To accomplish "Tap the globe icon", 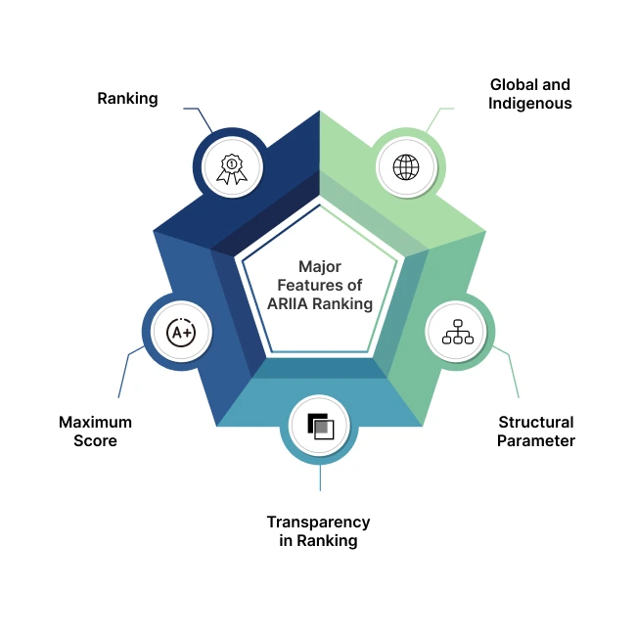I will pos(406,166).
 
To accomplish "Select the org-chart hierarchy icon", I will pos(458,333).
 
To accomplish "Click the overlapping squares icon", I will pos(320,427).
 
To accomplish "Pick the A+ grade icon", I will pos(181,333).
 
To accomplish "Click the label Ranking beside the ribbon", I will pos(127,99).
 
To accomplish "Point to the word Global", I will pos(513,85).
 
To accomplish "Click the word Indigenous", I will pos(531,103).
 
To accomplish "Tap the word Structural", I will pos(536,423).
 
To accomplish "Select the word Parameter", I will pos(536,440).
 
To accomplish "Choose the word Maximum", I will pos(95,423).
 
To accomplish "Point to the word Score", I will pos(95,440).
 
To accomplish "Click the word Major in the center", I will pos(320,266).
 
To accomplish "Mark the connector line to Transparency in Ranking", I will pos(320,477).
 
